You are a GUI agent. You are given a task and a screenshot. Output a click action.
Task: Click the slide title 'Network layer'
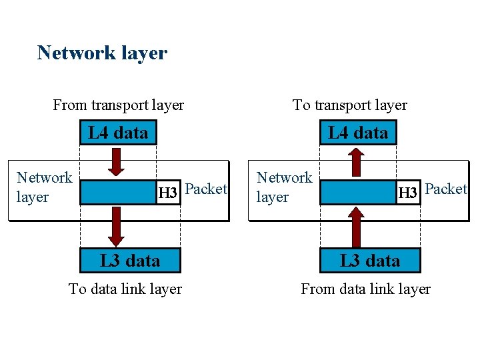tap(102, 53)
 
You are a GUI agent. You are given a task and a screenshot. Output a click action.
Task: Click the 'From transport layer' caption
tap(118, 105)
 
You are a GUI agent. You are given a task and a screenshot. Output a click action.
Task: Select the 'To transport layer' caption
tap(349, 105)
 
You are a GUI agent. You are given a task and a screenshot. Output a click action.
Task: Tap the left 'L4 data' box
tap(118, 133)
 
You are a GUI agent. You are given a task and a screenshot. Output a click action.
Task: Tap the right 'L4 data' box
tap(358, 133)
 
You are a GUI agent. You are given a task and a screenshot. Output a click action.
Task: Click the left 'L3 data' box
tap(130, 260)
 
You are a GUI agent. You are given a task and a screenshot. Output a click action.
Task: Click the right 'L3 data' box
tap(370, 260)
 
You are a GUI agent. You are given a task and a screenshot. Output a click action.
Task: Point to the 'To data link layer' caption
tap(125, 289)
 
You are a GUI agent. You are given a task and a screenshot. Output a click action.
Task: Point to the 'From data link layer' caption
tap(365, 289)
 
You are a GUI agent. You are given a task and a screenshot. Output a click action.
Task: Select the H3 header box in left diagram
tap(167, 193)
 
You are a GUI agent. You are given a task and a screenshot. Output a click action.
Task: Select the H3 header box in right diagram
tap(407, 193)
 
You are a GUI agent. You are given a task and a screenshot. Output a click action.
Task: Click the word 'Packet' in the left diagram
tap(206, 189)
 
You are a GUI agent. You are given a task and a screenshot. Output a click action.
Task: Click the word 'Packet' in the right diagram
tap(446, 189)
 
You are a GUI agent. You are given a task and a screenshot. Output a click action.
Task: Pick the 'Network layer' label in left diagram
tap(44, 187)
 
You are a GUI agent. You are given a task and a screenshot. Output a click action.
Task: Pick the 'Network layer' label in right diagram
tap(284, 187)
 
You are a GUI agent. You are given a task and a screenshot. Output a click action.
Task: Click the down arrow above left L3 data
tap(117, 226)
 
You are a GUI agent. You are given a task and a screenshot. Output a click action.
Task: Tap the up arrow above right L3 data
tap(357, 226)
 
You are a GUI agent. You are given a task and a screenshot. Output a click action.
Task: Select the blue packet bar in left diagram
tap(117, 193)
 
